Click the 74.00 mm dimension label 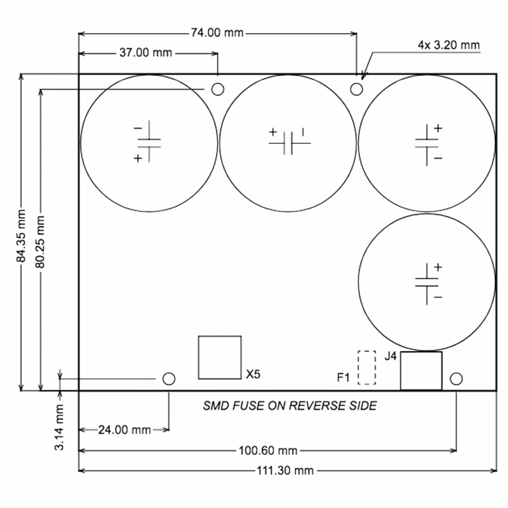(217, 33)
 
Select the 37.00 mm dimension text (146, 53)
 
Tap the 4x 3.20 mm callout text (449, 45)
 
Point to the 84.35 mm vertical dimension (21, 236)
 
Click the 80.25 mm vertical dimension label (40, 242)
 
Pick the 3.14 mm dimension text (59, 427)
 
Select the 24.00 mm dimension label (124, 430)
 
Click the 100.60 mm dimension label (268, 451)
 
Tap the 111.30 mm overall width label (285, 471)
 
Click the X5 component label (253, 374)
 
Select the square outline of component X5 (220, 357)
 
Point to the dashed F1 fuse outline (367, 368)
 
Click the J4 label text (391, 356)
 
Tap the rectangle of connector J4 (421, 371)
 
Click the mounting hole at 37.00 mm (218, 89)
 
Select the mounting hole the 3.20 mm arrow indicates (356, 89)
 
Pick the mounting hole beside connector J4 (456, 379)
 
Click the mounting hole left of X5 (169, 379)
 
